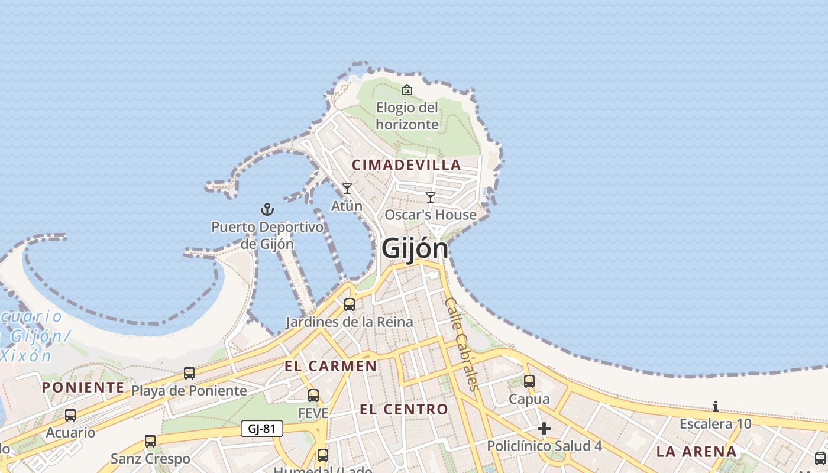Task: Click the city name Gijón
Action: click(415, 248)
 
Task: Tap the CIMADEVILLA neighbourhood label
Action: click(406, 165)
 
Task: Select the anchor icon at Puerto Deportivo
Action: click(267, 209)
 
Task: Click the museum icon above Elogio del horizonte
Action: click(407, 90)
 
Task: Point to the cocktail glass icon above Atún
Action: click(347, 189)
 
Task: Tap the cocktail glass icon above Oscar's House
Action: click(431, 197)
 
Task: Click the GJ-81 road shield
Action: click(262, 429)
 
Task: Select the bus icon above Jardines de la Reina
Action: click(350, 304)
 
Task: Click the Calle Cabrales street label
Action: click(461, 344)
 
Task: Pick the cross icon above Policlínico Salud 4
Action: click(544, 429)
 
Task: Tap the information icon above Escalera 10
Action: click(716, 406)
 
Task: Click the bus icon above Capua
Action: click(529, 381)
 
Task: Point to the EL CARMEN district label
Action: click(331, 366)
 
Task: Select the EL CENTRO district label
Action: click(404, 409)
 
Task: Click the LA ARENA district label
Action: click(697, 452)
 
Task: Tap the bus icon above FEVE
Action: click(313, 396)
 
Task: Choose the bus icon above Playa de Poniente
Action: click(189, 373)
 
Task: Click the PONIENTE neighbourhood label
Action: click(83, 387)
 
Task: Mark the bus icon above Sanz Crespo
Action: click(150, 441)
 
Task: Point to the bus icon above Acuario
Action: click(70, 415)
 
